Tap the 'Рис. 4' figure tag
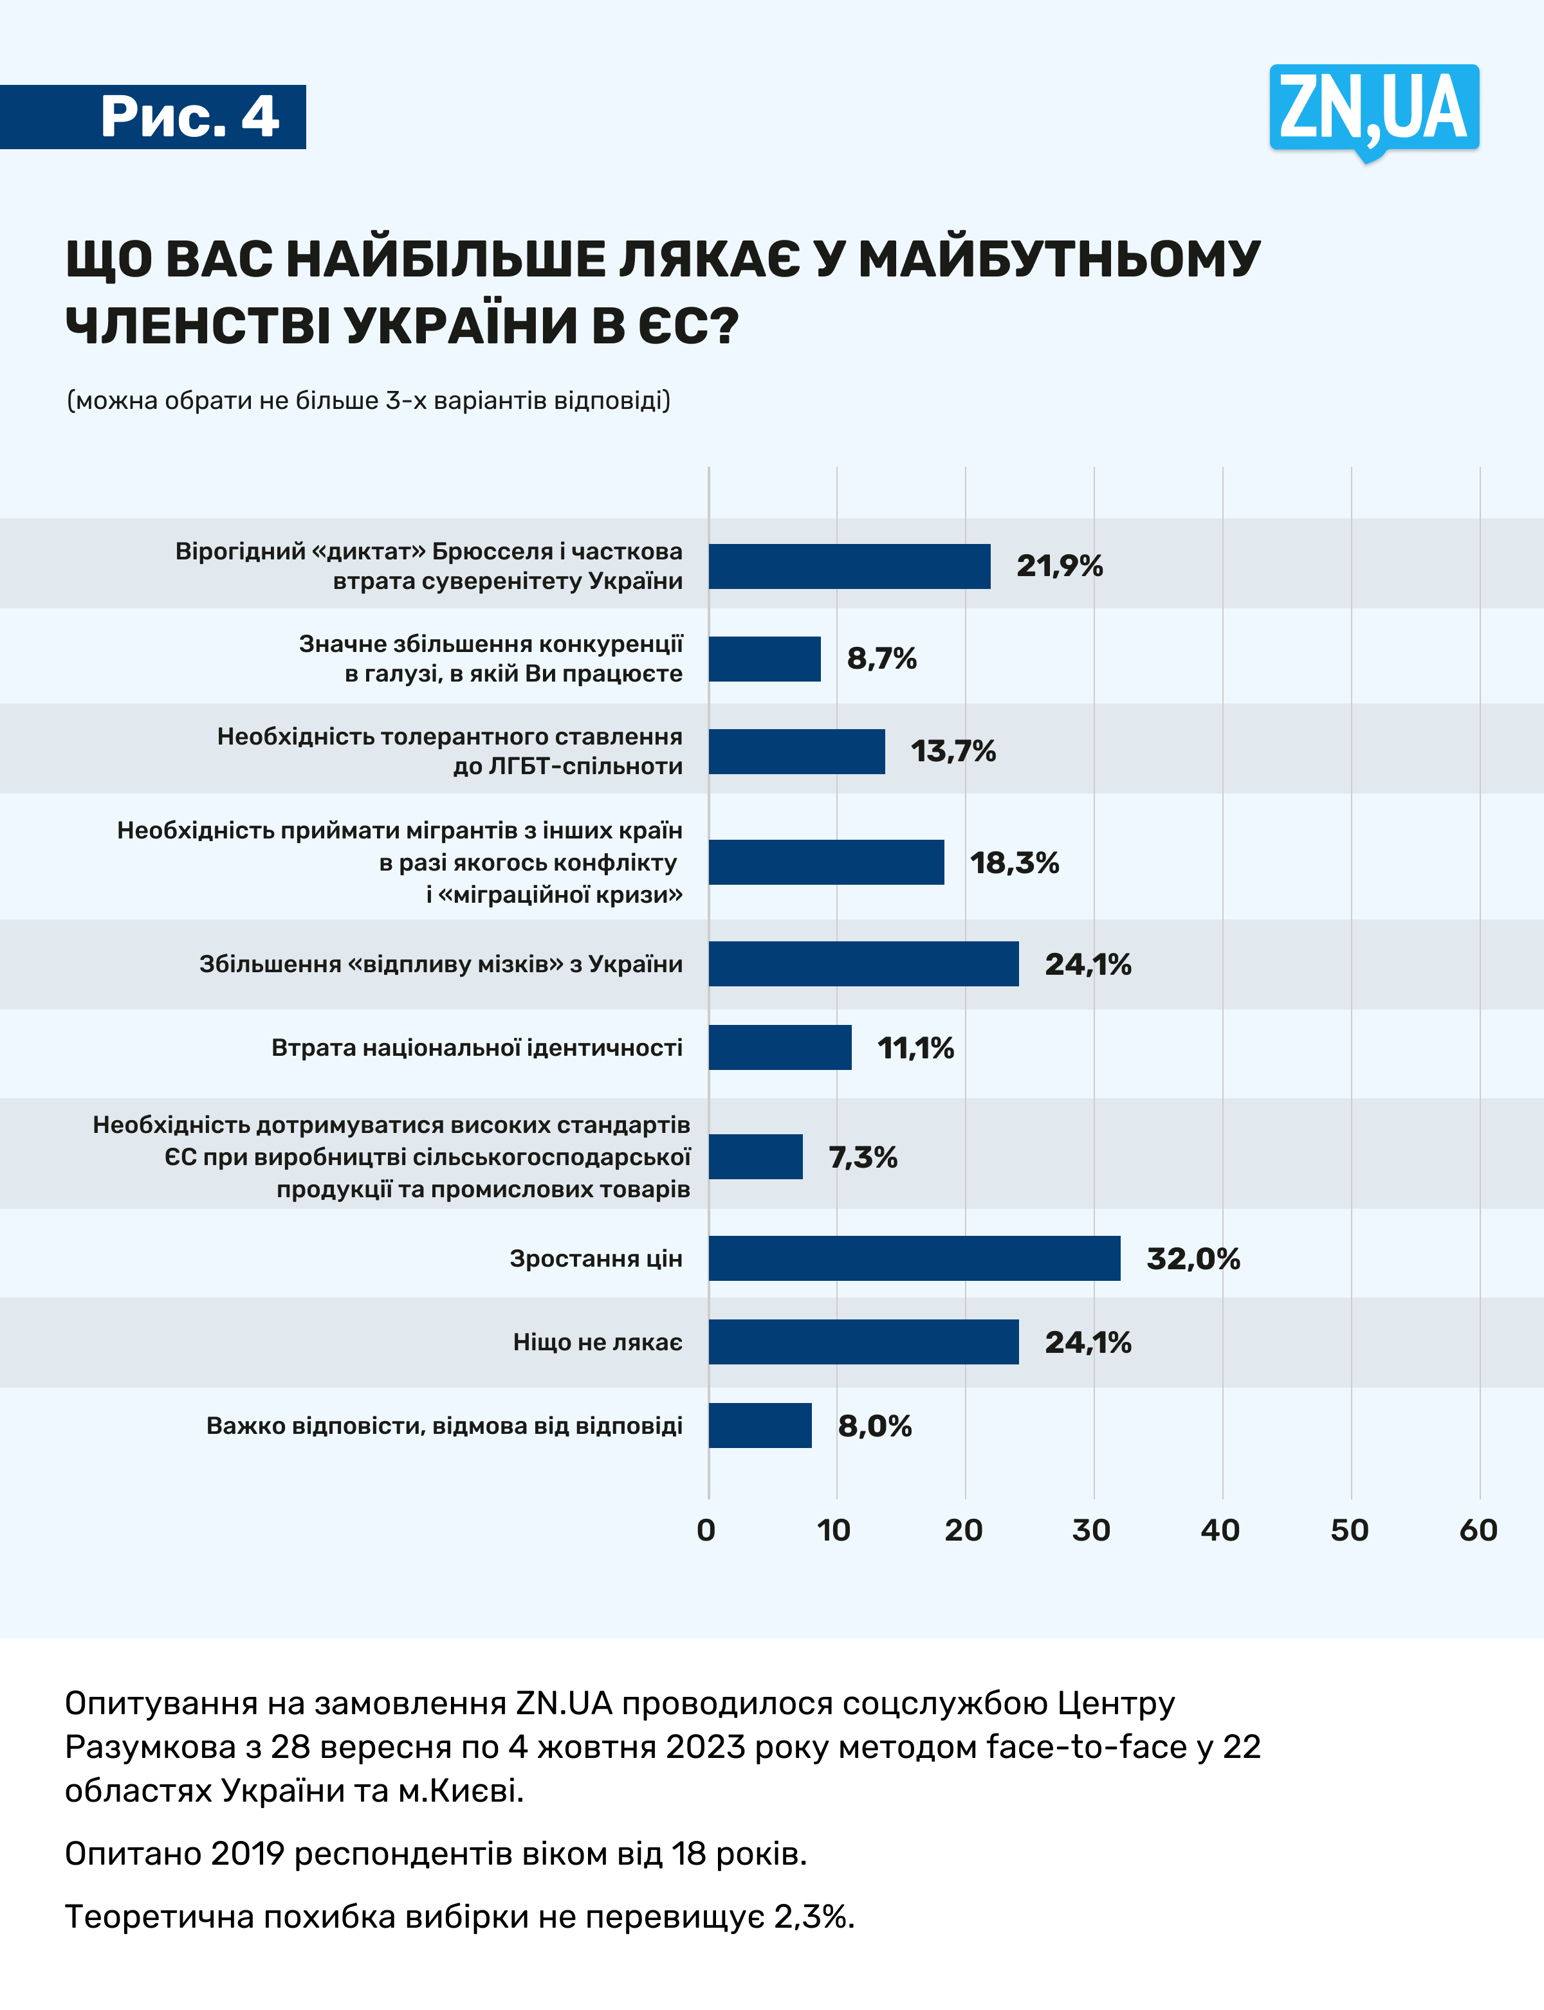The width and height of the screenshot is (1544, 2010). (188, 116)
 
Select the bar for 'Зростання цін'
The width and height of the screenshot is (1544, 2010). (914, 1258)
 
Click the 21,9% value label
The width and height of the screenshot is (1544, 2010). (1059, 566)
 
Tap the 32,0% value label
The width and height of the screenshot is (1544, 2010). (1192, 1258)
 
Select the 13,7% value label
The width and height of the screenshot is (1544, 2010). (952, 752)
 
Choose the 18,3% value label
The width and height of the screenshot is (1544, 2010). (1014, 863)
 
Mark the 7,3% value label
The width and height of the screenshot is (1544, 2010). (862, 1157)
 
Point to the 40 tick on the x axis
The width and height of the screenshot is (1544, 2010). (1220, 1530)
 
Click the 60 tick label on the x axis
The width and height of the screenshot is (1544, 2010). (1478, 1530)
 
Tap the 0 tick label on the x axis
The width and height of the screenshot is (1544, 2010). (706, 1530)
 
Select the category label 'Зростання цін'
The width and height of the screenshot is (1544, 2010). (596, 1258)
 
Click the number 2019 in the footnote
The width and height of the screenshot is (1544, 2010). (247, 1854)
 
